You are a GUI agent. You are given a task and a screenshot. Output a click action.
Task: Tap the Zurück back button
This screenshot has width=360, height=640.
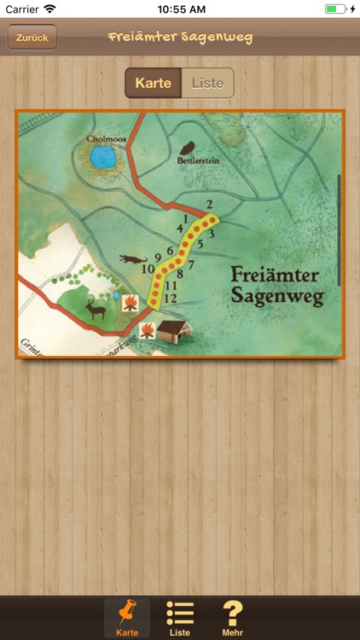click(32, 38)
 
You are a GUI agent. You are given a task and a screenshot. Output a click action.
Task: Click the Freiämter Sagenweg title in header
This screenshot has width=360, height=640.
click(180, 38)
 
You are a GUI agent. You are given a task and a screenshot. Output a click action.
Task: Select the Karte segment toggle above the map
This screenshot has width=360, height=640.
click(154, 83)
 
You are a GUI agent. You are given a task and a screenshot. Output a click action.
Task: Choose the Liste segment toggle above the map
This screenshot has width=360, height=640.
click(207, 83)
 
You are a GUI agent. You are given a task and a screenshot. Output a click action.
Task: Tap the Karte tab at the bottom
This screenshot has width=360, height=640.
click(127, 618)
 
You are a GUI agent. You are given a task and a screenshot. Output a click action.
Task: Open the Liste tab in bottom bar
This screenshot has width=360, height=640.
click(180, 618)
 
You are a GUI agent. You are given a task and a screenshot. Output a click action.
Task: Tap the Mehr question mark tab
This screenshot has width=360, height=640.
click(232, 618)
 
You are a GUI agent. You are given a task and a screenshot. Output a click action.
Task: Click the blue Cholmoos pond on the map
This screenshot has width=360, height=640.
click(102, 156)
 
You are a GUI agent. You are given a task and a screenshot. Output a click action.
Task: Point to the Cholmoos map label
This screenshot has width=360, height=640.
click(106, 138)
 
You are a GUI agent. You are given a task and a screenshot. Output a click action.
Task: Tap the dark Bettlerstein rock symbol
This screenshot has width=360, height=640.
click(191, 147)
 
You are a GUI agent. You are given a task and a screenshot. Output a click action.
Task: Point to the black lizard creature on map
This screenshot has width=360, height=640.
click(132, 257)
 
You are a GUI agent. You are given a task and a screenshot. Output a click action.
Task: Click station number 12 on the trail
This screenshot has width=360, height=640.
click(170, 298)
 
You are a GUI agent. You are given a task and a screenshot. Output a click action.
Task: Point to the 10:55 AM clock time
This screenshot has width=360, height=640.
click(180, 9)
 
